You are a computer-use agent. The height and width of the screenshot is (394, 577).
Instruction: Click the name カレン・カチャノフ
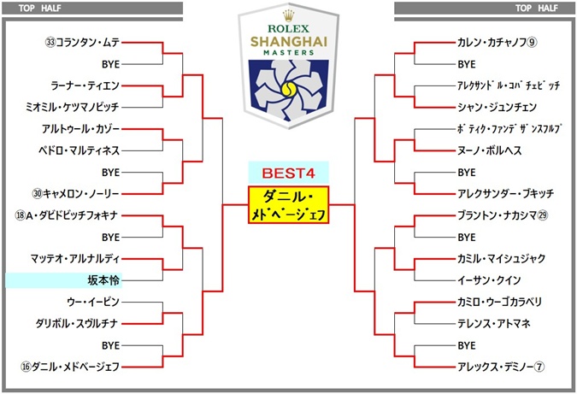(492, 42)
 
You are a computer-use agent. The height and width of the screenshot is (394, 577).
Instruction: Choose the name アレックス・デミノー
(495, 367)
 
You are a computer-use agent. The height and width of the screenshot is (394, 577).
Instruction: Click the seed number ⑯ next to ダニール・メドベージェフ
(26, 367)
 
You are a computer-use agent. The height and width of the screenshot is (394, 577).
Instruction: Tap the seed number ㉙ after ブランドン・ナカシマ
(542, 215)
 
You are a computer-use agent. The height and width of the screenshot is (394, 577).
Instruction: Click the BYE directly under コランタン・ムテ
(109, 64)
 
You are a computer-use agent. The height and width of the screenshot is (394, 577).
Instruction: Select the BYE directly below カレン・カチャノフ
(466, 64)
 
